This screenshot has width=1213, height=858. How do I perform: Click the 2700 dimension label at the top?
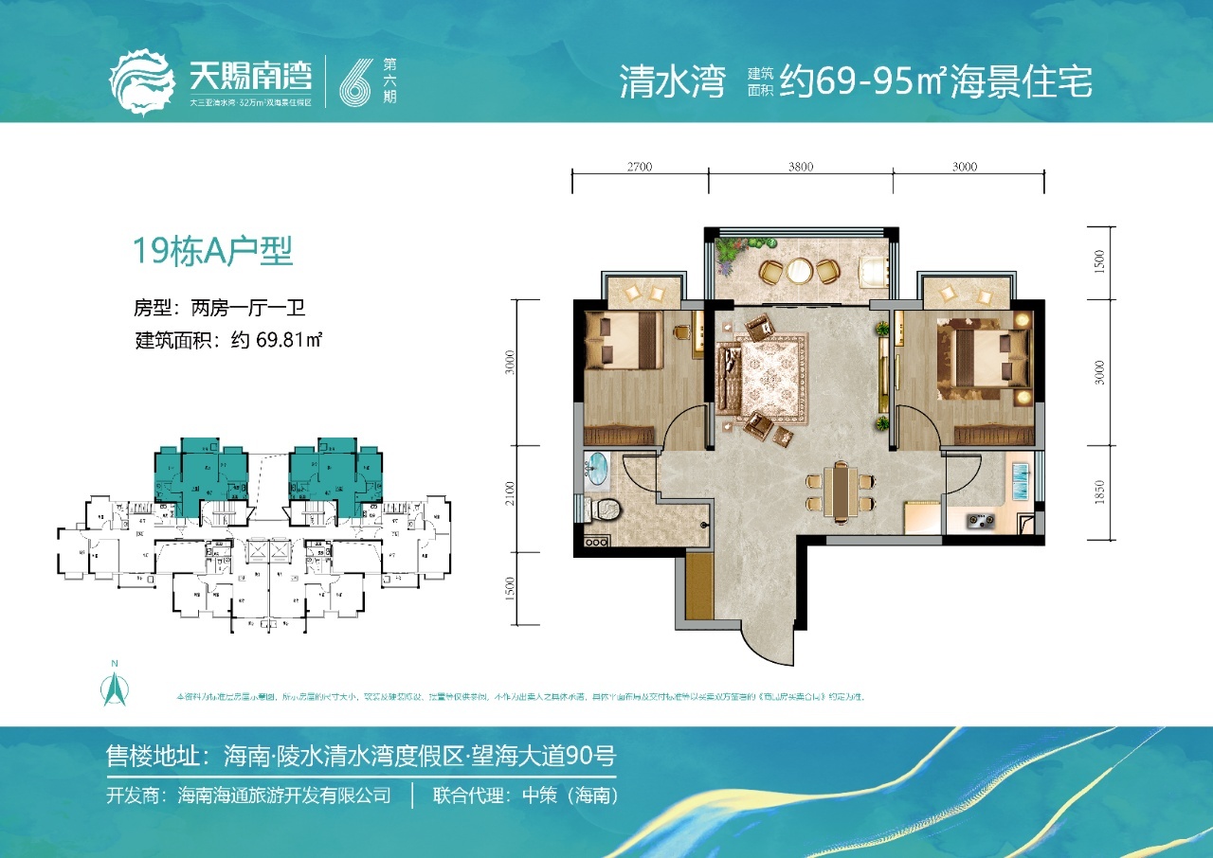640,167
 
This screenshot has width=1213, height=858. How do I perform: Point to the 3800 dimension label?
800,167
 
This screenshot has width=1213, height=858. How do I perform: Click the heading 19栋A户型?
212,252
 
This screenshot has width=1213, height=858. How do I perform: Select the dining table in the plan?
839,491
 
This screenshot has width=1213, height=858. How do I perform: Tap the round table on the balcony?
800,271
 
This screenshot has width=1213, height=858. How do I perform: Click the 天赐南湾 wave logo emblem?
142,82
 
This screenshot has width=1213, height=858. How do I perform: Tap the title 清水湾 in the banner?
672,83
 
